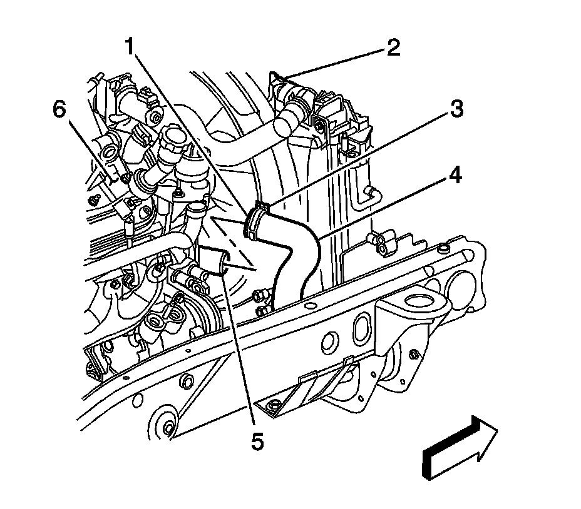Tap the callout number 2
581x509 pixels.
(393, 48)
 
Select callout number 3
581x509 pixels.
(456, 109)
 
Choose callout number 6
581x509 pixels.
(58, 110)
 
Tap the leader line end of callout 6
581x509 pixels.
(113, 181)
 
